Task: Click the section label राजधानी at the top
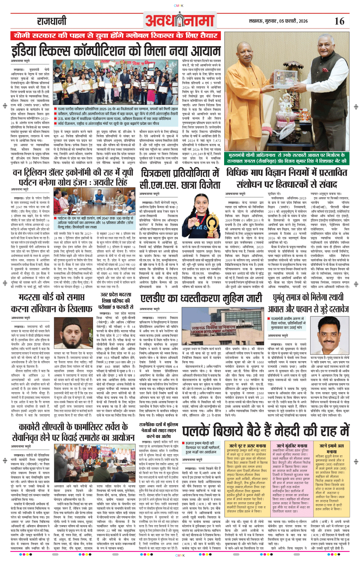(51, 21)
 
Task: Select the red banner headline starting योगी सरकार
(116, 35)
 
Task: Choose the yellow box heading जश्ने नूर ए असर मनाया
(247, 446)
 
